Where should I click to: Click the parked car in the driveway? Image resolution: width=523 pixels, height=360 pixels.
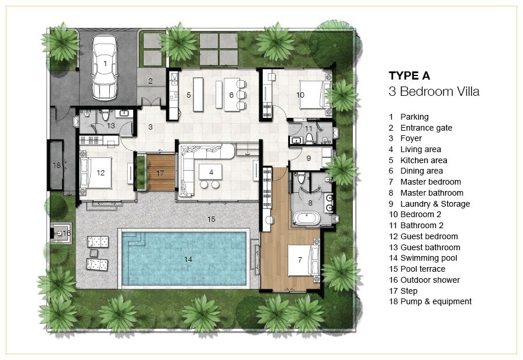click(x=105, y=67)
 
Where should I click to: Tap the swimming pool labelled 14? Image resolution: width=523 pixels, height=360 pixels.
click(x=184, y=258)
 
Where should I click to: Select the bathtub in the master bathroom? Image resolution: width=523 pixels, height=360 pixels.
click(x=306, y=218)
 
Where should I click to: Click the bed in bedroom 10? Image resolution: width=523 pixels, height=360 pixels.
click(x=311, y=95)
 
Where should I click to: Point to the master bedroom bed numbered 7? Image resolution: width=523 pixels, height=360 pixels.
click(x=300, y=260)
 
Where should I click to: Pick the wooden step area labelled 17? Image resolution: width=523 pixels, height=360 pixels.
click(x=161, y=172)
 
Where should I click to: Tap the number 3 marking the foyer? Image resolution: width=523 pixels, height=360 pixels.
click(x=151, y=127)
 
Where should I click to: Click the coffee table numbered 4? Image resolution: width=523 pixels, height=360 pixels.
click(x=210, y=172)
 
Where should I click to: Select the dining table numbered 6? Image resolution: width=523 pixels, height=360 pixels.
click(x=231, y=95)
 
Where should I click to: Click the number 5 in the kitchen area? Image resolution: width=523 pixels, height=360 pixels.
click(x=188, y=95)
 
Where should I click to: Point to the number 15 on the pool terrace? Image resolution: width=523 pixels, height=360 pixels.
click(x=211, y=219)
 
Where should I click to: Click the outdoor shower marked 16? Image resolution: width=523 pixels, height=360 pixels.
click(x=60, y=233)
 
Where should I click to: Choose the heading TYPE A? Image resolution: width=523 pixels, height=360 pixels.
click(x=409, y=75)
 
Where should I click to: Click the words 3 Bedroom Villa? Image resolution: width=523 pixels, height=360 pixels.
click(x=434, y=91)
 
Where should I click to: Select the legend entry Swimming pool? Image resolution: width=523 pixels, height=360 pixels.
click(x=429, y=258)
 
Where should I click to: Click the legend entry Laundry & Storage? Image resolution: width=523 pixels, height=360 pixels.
click(x=435, y=204)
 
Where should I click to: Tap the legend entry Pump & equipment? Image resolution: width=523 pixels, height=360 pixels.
click(x=436, y=301)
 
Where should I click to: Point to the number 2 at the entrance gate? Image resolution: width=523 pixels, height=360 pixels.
click(x=151, y=81)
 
